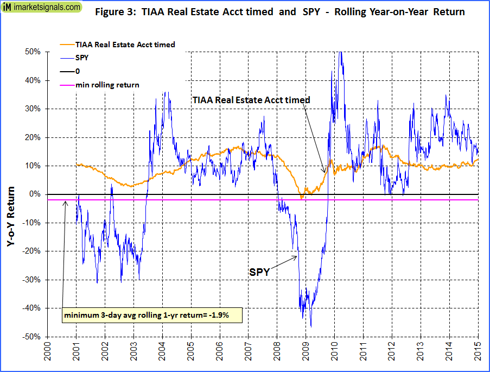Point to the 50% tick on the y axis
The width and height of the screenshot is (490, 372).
coord(33,52)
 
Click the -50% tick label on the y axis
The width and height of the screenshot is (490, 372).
coord(31,337)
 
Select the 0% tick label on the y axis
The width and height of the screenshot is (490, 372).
coord(35,194)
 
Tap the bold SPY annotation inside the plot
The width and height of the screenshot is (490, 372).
coord(259,272)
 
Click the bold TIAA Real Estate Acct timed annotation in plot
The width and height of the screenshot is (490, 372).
coord(251,100)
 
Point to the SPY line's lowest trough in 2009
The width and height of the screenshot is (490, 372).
coord(311,326)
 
